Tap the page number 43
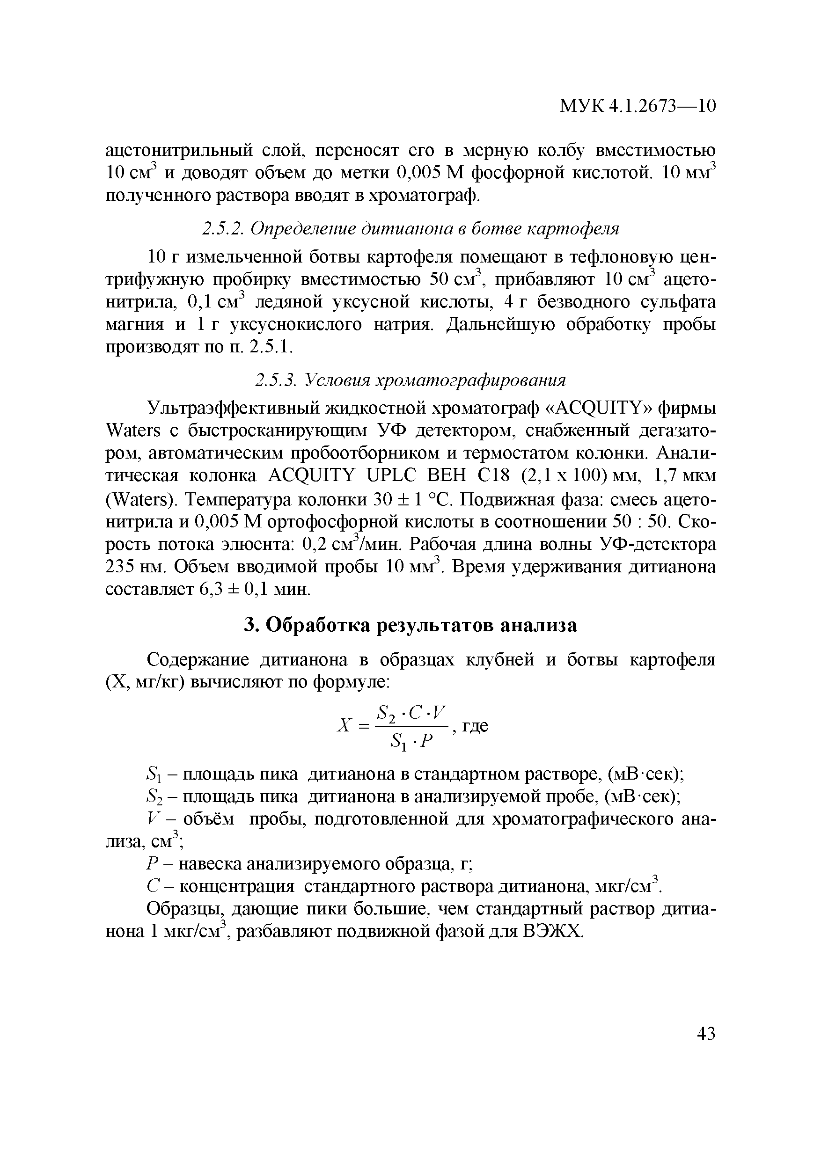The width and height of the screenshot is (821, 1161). (x=706, y=1034)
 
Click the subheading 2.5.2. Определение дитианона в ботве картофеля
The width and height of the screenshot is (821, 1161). (x=410, y=229)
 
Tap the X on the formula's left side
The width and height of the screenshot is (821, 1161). (x=344, y=726)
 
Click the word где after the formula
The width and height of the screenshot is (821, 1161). (x=475, y=726)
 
